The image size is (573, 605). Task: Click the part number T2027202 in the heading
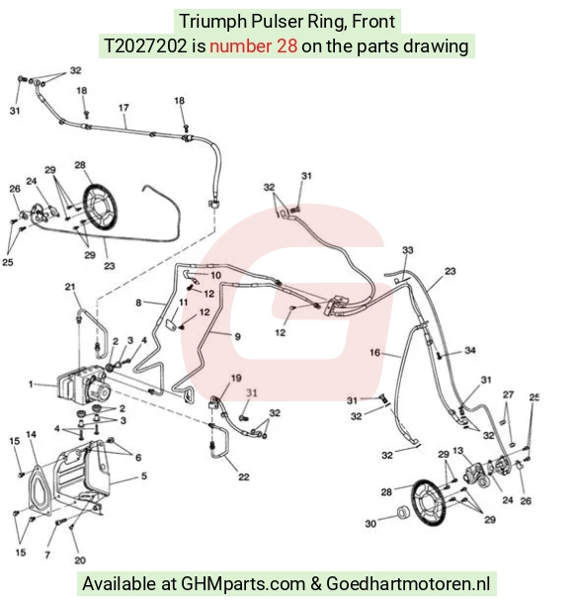tap(146, 46)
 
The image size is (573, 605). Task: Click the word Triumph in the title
tap(213, 22)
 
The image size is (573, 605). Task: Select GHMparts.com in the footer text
tap(243, 583)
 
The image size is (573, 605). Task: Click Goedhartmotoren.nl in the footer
tap(408, 583)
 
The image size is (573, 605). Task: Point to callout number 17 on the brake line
tap(123, 108)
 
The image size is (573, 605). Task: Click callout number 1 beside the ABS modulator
tap(31, 385)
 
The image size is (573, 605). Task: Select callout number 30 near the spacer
tap(370, 523)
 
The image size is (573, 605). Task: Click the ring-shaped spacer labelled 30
tap(403, 513)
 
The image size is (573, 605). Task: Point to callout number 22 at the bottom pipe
tap(244, 476)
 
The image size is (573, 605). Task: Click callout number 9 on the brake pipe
tap(237, 336)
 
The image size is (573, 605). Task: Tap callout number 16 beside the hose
tap(374, 352)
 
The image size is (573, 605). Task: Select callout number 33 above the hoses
tap(408, 250)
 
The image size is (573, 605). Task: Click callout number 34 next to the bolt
tap(470, 350)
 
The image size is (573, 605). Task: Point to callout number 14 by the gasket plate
tap(32, 434)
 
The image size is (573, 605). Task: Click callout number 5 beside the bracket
tap(144, 475)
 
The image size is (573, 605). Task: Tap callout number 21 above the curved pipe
tap(70, 287)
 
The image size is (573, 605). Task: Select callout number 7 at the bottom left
tap(47, 555)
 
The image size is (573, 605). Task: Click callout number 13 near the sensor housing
tap(457, 451)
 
